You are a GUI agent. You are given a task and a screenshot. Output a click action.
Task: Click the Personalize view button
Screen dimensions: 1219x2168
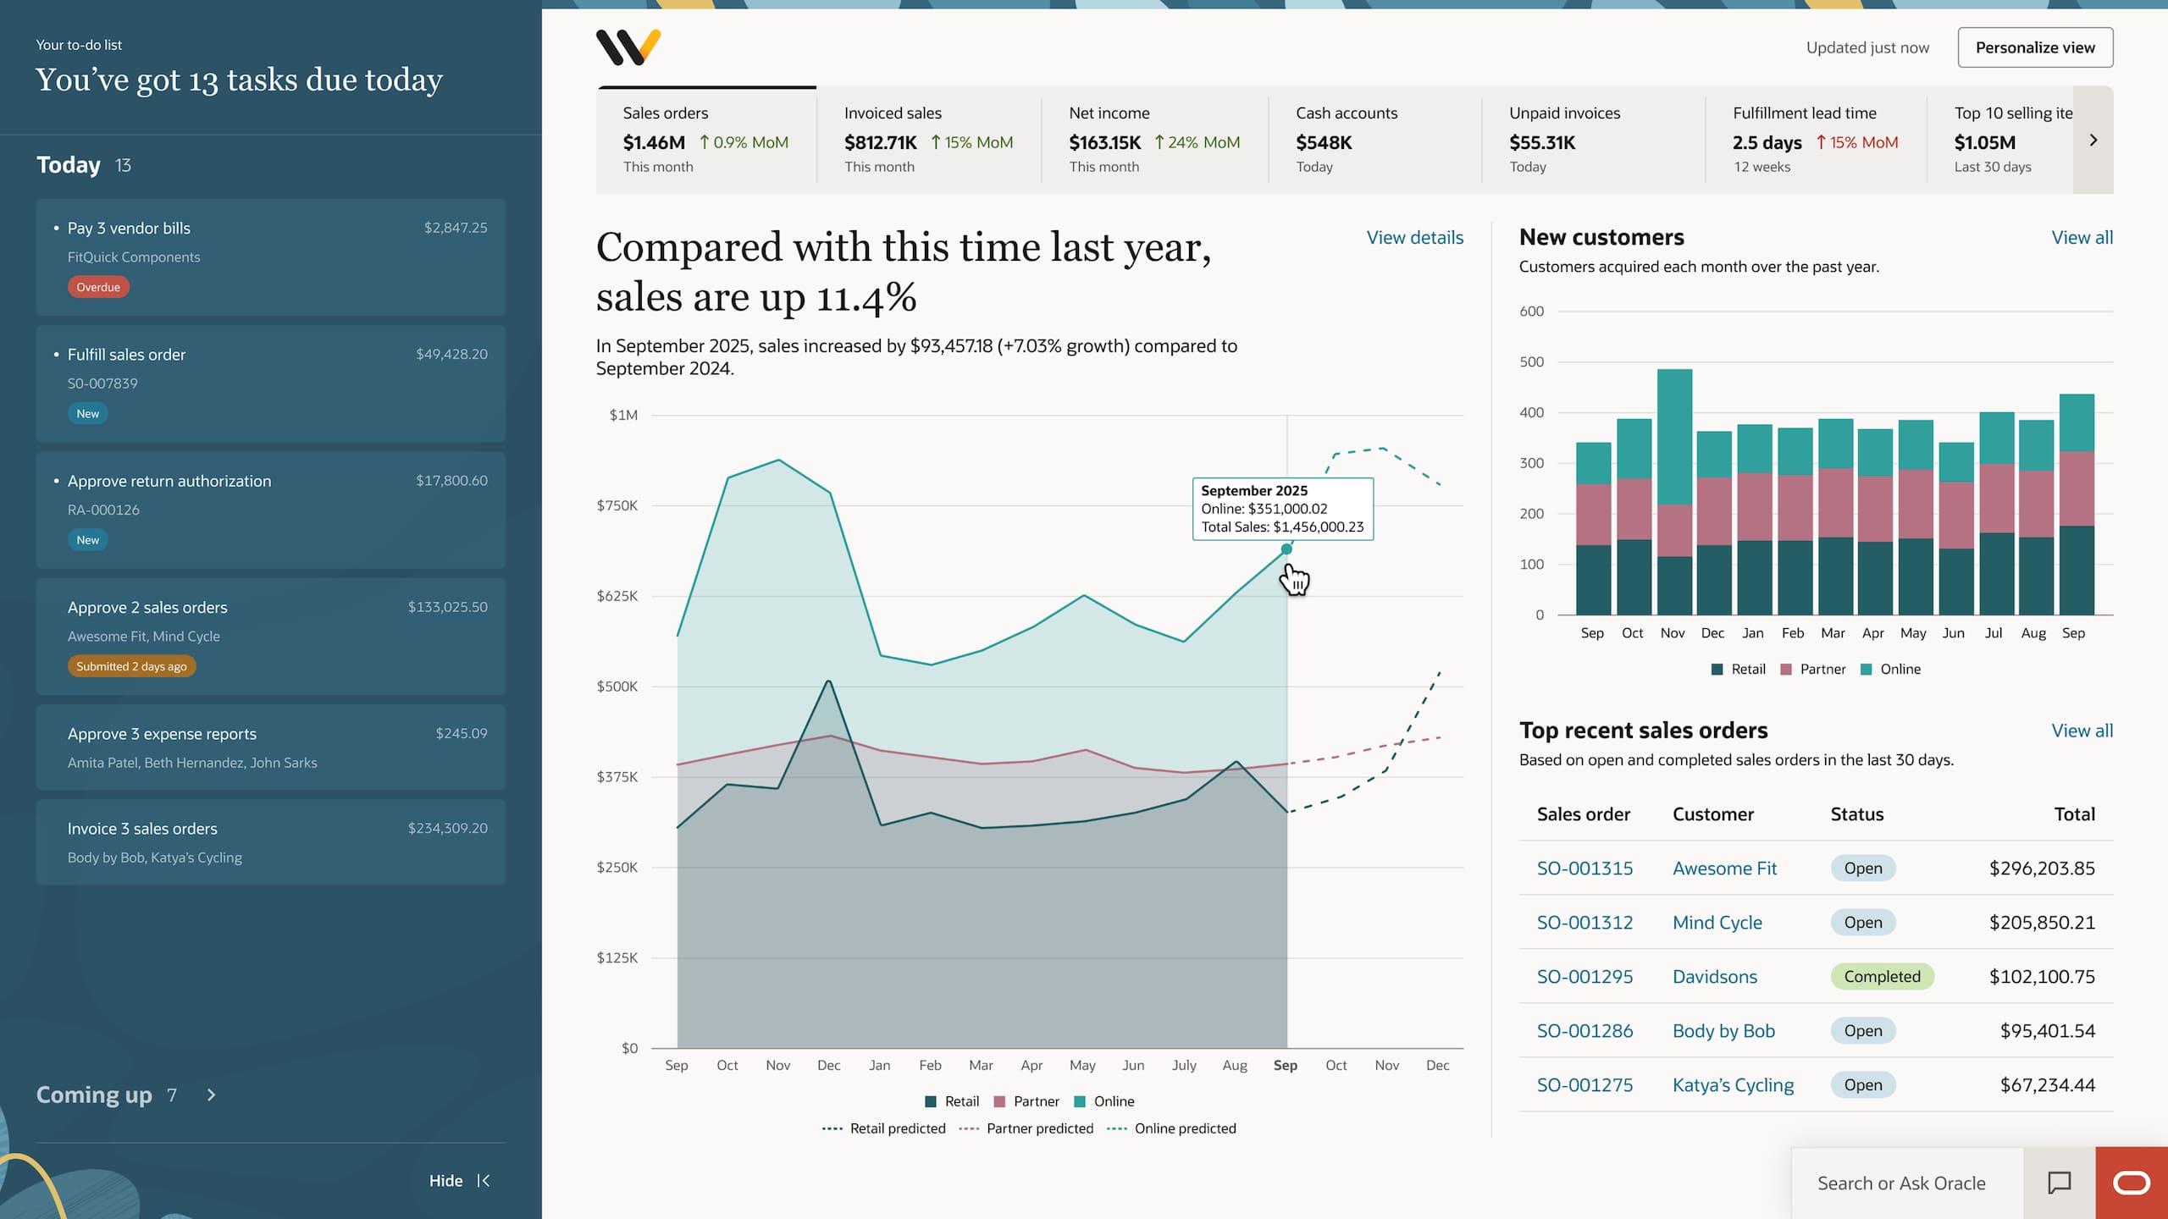(2034, 47)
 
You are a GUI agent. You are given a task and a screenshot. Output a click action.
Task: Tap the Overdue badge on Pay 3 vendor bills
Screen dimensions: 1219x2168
(98, 287)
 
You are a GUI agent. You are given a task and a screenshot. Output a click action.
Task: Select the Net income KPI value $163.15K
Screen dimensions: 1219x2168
(1104, 142)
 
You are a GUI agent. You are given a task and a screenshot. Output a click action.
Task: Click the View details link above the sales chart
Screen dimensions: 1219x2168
(1414, 238)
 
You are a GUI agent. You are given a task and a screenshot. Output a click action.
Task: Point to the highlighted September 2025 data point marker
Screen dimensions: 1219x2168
(1286, 549)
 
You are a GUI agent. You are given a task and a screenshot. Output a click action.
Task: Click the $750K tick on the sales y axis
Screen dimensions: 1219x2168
(617, 505)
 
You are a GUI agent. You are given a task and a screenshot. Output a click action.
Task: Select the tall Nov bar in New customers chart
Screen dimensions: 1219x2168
(1673, 491)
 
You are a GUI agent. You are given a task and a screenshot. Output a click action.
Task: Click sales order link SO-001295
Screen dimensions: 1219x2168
(1585, 976)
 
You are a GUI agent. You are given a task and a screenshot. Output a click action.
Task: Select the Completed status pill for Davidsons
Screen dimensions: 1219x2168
(1882, 976)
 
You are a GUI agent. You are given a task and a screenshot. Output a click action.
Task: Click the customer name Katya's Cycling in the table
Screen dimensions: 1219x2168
(1733, 1084)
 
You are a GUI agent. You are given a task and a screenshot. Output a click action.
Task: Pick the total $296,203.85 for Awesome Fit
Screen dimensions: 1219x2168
(2041, 868)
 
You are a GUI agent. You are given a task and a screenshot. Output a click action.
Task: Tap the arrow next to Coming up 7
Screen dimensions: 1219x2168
(212, 1095)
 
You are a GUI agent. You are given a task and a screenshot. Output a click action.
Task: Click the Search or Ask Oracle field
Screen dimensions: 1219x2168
(1901, 1183)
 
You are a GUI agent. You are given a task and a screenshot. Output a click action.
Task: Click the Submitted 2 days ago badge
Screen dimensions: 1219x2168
(131, 666)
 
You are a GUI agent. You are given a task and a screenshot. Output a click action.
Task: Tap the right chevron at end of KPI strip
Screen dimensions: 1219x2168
(2093, 141)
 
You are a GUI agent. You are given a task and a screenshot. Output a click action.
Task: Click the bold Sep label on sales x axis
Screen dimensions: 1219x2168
(1285, 1065)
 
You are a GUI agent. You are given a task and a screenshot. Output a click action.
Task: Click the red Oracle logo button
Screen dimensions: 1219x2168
(2131, 1183)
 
